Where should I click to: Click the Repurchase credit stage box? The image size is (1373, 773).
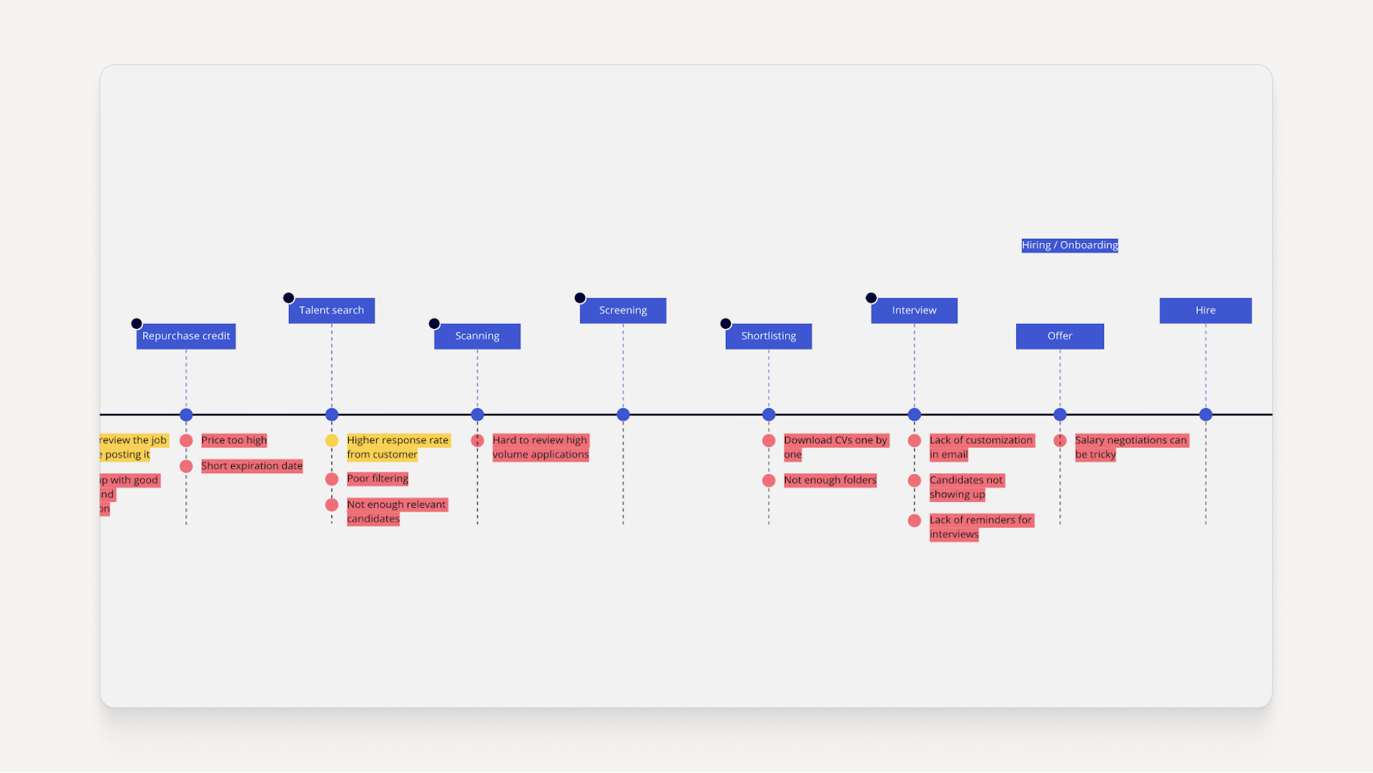(x=186, y=336)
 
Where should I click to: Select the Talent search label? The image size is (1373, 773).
(x=332, y=310)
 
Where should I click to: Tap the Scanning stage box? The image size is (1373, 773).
(x=477, y=336)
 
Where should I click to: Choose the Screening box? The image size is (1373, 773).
(x=623, y=310)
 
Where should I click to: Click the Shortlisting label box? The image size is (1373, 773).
(x=769, y=336)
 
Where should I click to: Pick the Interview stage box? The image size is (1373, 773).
(x=914, y=310)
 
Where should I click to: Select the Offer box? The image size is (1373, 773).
(x=1060, y=336)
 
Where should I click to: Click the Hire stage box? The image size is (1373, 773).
(x=1206, y=310)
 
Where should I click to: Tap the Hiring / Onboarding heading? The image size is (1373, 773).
(x=1070, y=245)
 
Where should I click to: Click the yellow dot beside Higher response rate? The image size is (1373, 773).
(x=332, y=440)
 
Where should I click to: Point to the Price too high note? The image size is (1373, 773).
(x=234, y=440)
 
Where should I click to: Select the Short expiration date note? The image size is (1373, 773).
(x=252, y=466)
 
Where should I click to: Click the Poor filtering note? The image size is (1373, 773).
(x=378, y=479)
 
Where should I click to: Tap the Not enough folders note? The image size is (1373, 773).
(x=830, y=481)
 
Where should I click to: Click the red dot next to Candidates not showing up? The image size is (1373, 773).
(x=915, y=481)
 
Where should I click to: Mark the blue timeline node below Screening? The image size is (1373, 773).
(x=623, y=415)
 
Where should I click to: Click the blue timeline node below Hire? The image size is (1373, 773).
(x=1206, y=415)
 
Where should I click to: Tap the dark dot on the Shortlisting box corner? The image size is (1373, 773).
(x=726, y=324)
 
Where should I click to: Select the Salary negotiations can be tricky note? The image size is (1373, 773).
(x=1131, y=448)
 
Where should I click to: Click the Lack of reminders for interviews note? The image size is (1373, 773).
(x=980, y=527)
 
